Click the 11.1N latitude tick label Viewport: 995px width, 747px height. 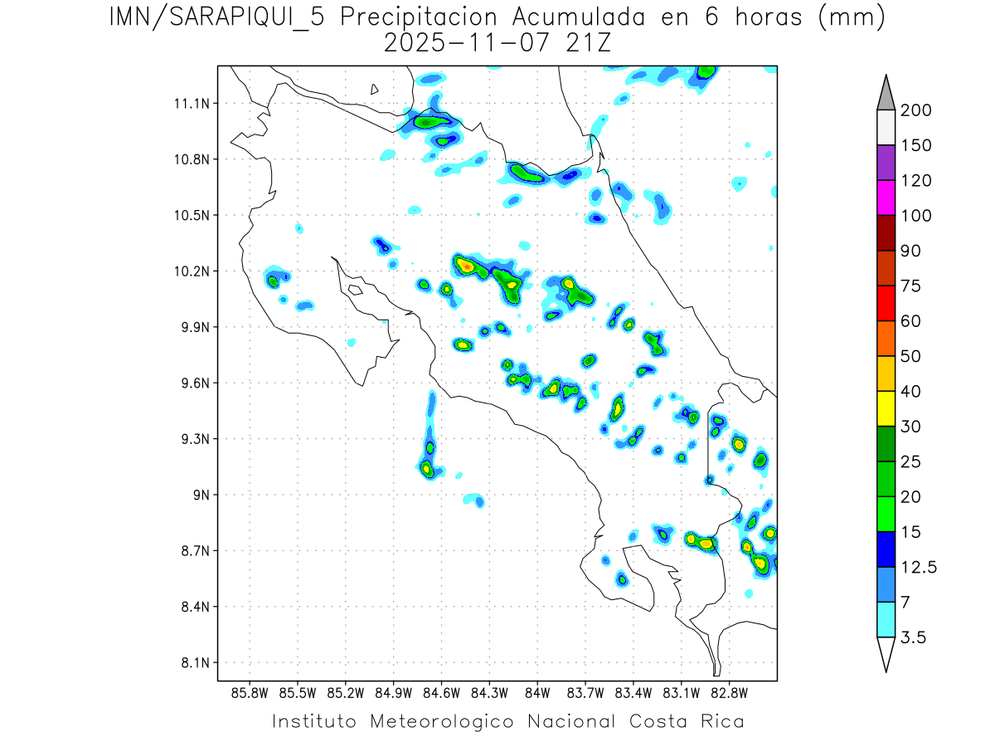[192, 104]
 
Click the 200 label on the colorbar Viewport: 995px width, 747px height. [915, 110]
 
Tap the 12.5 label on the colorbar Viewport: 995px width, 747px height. [919, 568]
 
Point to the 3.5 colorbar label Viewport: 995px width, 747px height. [915, 637]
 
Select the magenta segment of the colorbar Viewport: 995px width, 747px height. [886, 198]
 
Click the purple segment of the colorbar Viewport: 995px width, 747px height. [886, 163]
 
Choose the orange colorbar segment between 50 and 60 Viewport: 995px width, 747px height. [886, 338]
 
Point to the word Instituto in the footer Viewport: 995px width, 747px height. [316, 721]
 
